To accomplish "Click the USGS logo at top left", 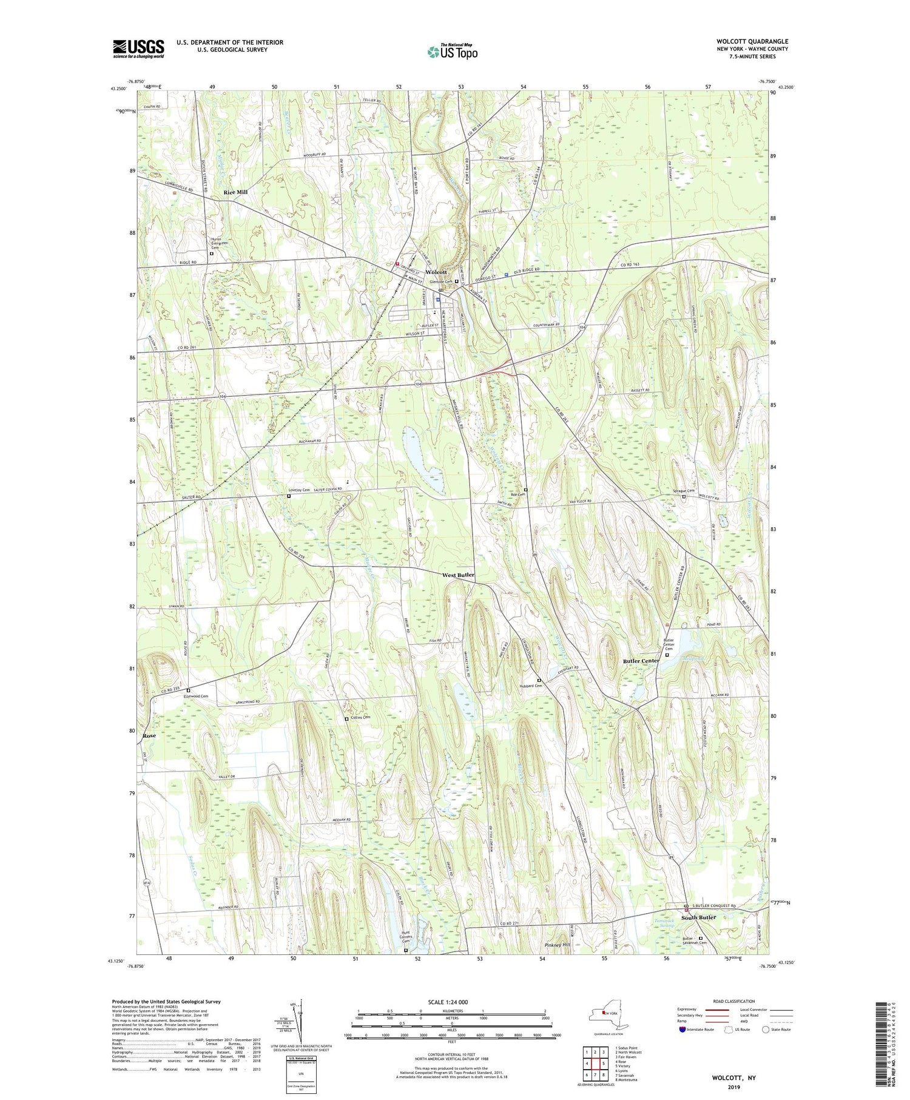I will (x=138, y=48).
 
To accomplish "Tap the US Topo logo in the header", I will (x=452, y=52).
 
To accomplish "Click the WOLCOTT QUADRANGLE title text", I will (x=752, y=41).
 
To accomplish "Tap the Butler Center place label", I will (x=641, y=660).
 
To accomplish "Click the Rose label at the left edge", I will (x=149, y=735).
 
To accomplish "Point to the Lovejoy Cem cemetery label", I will (x=299, y=490).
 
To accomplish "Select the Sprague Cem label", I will (x=684, y=490).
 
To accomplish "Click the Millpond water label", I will (x=693, y=658).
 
